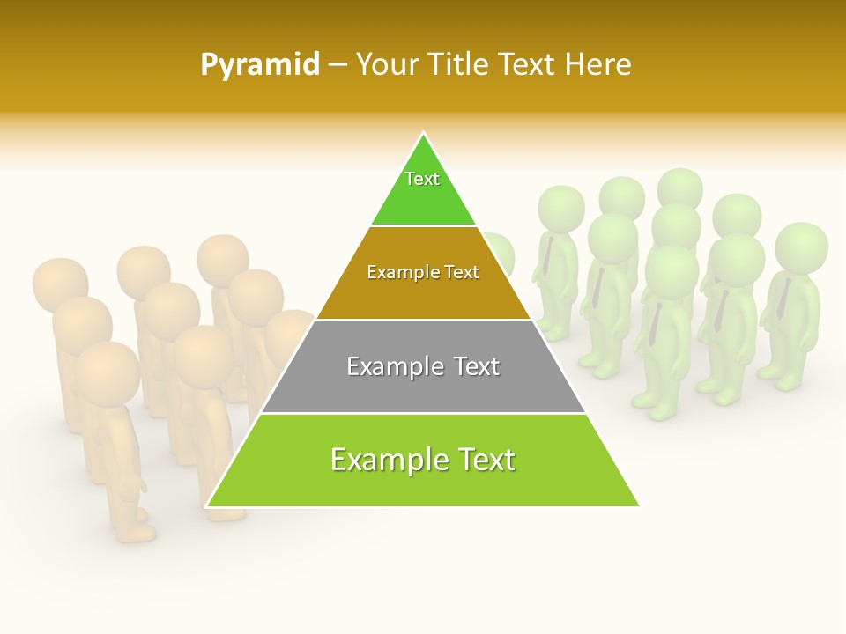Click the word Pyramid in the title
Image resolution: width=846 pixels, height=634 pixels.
(260, 65)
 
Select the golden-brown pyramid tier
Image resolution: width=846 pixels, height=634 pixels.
(423, 295)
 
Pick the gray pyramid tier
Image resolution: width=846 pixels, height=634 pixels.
(423, 387)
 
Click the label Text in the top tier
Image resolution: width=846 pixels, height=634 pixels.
(422, 179)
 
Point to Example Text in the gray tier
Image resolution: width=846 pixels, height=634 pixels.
(423, 366)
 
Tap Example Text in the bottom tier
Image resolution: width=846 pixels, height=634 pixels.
(423, 460)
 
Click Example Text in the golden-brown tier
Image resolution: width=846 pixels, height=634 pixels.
(423, 272)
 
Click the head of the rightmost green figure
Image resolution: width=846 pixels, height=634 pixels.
(801, 247)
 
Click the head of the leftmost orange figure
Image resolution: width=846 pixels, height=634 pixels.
(60, 284)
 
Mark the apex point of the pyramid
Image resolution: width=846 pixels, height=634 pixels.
(424, 134)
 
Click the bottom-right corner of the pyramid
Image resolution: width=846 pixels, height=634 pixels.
(639, 506)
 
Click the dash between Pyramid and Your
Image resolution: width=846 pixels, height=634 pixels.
(338, 65)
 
